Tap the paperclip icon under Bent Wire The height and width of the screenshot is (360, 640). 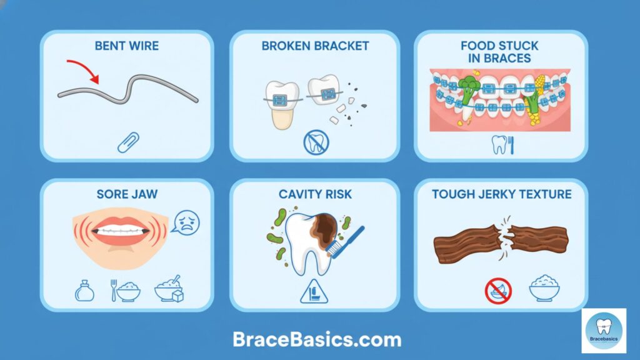(x=127, y=142)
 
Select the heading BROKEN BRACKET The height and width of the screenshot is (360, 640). (x=315, y=46)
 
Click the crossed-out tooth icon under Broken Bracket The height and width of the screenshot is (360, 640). (x=315, y=143)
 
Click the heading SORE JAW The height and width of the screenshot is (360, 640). (x=127, y=194)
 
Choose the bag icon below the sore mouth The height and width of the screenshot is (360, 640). (x=84, y=291)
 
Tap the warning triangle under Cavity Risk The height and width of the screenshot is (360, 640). (x=314, y=291)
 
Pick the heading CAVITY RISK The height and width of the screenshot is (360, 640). (x=314, y=194)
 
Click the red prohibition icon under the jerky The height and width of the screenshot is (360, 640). (x=498, y=290)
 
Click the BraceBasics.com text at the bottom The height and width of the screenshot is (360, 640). (x=317, y=339)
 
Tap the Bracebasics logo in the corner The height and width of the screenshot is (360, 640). (x=603, y=331)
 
